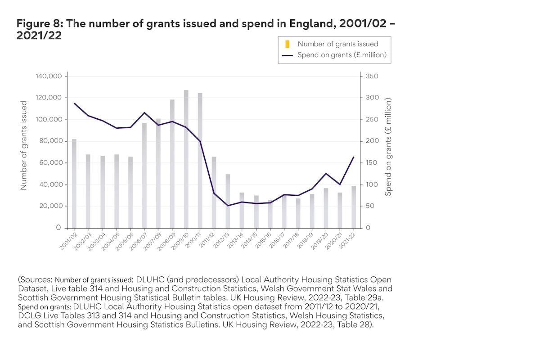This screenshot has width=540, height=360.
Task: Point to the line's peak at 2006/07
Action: click(x=144, y=112)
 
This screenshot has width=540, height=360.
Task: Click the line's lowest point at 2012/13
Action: click(x=228, y=206)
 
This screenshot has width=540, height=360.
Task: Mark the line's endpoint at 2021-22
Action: click(x=354, y=157)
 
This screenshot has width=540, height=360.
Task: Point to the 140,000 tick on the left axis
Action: click(x=48, y=76)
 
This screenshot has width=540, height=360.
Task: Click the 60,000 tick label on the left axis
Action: click(x=50, y=163)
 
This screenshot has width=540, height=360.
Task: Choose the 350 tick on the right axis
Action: click(x=373, y=76)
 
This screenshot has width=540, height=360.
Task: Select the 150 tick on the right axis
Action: click(x=373, y=163)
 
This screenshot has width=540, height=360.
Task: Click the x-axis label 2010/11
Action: click(x=193, y=242)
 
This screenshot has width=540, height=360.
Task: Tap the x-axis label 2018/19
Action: click(x=305, y=242)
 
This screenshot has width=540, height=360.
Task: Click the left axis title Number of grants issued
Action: click(x=24, y=145)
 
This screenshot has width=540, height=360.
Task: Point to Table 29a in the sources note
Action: click(x=368, y=297)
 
